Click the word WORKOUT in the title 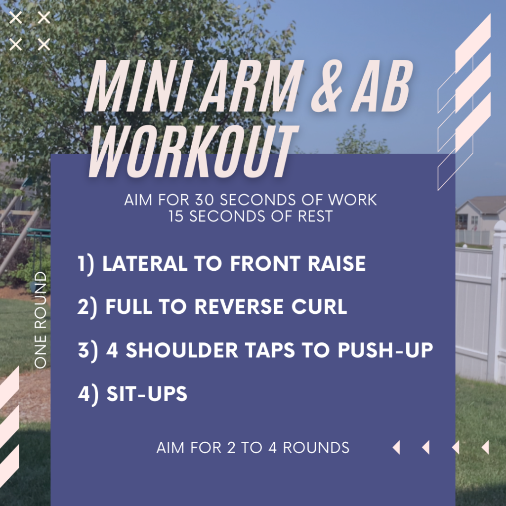point(193,152)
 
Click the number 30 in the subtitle point(205,200)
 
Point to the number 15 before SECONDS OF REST point(176,216)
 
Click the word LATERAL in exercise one point(145,263)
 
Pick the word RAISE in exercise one point(337,263)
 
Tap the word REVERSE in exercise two point(239,306)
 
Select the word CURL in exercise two point(319,306)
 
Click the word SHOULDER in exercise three point(182,350)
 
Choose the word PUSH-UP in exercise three point(385,350)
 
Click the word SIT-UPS point(147,394)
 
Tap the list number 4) point(88,395)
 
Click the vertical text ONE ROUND point(41,320)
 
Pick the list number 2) point(87,307)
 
